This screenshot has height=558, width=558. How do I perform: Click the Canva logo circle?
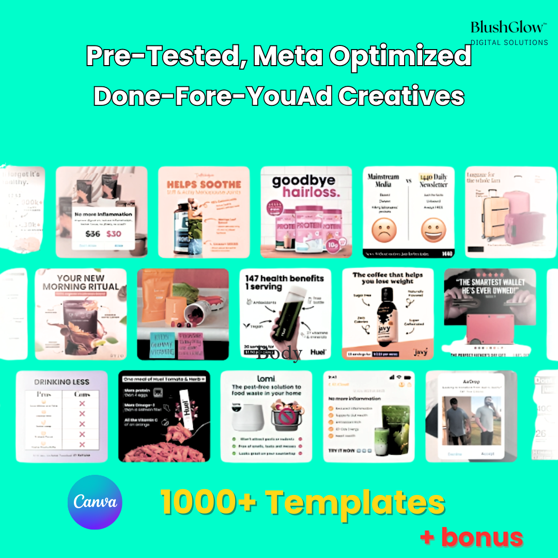coord(95,502)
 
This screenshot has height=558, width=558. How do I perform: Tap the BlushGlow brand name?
coord(506,27)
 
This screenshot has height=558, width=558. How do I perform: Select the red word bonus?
coord(482,538)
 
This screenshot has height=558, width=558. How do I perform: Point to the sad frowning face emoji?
coord(384,230)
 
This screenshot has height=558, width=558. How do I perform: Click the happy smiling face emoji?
coord(433,230)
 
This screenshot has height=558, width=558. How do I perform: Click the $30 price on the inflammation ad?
coord(114,234)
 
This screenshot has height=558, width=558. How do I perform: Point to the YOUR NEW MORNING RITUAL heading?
coord(81,282)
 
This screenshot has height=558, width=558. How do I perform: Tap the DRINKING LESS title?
coord(61,382)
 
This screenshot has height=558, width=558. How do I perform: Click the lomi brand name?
coord(267,379)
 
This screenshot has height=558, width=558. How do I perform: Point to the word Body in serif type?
coord(279,354)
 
